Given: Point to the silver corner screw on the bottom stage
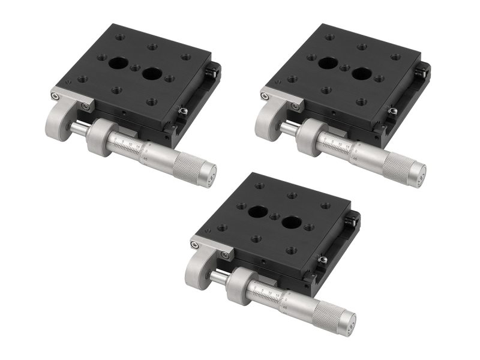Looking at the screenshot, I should click(x=195, y=244).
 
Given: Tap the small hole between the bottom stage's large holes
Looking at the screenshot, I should click(x=275, y=216).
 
